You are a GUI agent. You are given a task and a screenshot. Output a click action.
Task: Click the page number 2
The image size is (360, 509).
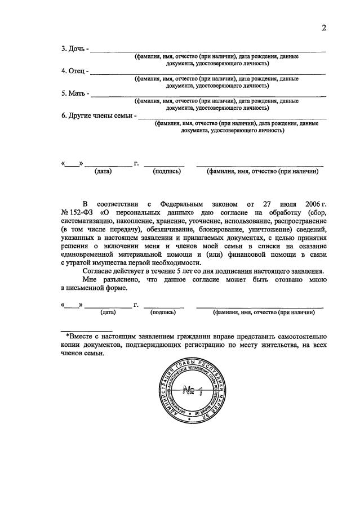[x=324, y=28]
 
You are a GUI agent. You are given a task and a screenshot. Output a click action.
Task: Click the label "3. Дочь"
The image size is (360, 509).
[x=73, y=49]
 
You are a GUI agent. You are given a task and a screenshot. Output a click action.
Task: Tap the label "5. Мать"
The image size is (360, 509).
[x=74, y=93]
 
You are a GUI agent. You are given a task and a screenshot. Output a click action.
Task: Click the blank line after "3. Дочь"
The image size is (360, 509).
[x=208, y=51]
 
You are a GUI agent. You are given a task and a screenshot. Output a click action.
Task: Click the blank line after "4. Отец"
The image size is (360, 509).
[x=208, y=73]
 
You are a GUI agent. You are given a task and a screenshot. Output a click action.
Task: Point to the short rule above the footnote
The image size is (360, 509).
[x=87, y=329]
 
